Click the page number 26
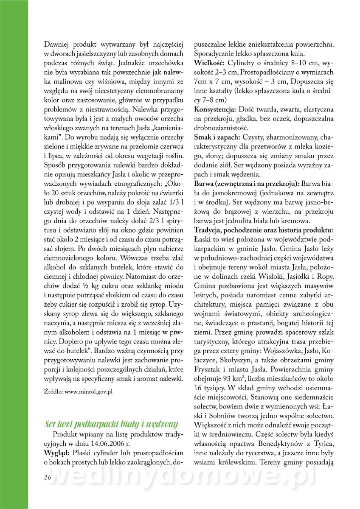pos(47,477)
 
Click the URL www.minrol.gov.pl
pos(88,392)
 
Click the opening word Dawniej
pos(56,44)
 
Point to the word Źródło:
pos(53,392)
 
